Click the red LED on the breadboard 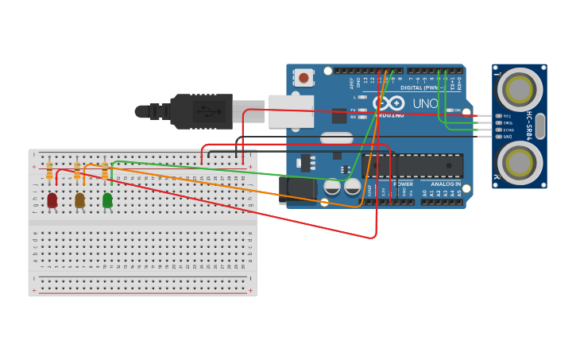tap(52, 200)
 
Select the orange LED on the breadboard tap(79, 200)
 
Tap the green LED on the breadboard tap(107, 200)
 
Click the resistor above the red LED tap(49, 170)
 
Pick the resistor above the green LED tap(105, 170)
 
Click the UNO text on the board tap(425, 103)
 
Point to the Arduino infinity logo tap(389, 103)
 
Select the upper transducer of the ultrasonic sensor tap(520, 89)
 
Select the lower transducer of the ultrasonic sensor tap(520, 163)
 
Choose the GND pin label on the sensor tap(507, 137)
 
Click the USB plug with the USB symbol tap(203, 111)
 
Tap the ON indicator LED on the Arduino tap(450, 110)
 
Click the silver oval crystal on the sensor tap(540, 126)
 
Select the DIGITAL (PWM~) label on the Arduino tap(421, 87)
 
